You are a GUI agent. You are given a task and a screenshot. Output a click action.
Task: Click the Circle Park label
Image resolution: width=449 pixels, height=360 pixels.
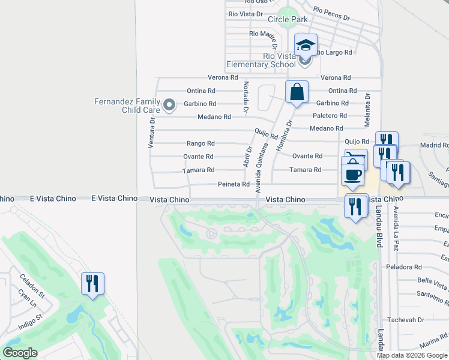tap(288, 19)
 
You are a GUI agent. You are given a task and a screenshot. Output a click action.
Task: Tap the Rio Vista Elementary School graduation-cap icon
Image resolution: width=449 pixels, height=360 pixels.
tap(306, 45)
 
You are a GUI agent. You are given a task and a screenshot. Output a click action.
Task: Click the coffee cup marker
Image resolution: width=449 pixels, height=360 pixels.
tap(352, 174)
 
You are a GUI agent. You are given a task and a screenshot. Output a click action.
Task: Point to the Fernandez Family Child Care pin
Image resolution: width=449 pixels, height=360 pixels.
tap(169, 106)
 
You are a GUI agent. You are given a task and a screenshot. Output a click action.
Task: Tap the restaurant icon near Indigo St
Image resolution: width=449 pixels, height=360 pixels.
tap(93, 283)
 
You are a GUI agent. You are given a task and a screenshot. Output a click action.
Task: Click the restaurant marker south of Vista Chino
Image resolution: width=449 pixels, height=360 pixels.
tap(356, 207)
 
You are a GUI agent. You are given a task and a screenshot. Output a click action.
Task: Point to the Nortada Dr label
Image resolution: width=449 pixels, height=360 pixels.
tap(246, 98)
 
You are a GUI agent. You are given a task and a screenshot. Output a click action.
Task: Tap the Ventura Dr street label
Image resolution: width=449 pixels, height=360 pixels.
tap(152, 132)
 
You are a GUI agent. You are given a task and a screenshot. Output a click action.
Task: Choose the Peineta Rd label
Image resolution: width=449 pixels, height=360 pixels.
tap(234, 184)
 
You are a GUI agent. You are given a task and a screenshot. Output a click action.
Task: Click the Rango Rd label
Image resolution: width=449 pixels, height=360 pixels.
tap(200, 143)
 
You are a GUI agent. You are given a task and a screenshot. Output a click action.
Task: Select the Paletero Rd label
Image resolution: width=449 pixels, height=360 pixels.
tap(330, 115)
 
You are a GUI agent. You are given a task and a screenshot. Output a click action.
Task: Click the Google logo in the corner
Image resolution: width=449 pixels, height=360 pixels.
tap(19, 353)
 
